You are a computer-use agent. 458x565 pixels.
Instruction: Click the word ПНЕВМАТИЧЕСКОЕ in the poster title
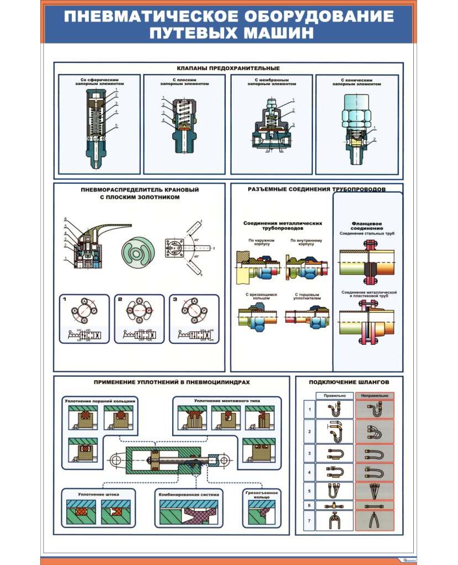coord(142,16)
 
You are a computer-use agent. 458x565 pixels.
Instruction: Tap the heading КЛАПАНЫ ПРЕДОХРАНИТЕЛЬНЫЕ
coord(228,68)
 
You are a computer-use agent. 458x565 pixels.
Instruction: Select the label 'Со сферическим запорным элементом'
coord(100,82)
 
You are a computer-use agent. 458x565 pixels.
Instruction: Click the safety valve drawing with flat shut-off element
coord(185,124)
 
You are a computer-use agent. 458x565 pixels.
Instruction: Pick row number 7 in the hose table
coord(309,521)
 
